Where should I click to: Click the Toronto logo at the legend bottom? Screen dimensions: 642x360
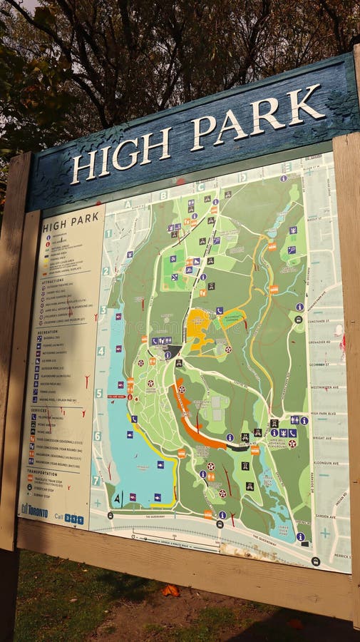(x=34, y=511)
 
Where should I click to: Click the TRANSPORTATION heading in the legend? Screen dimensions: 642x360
(x=45, y=472)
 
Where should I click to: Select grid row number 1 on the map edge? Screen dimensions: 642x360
(x=108, y=233)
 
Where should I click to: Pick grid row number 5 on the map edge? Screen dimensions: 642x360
(x=99, y=392)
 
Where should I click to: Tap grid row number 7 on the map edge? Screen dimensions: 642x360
(x=96, y=480)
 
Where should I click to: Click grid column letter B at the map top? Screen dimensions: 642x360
(x=163, y=195)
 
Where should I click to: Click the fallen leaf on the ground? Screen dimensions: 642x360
(x=170, y=590)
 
